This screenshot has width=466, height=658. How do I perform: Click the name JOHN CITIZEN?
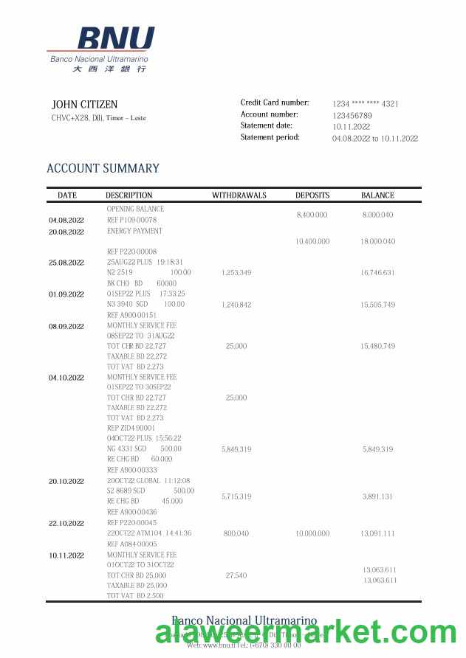tap(84, 105)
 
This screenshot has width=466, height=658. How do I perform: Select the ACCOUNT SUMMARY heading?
tap(103, 168)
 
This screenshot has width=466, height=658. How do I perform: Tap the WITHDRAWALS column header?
tap(239, 195)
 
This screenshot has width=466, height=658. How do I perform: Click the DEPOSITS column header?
tap(312, 195)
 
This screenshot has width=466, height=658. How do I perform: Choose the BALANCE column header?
tap(377, 195)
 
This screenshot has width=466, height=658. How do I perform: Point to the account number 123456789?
tap(352, 116)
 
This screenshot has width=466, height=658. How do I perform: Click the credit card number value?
tap(365, 104)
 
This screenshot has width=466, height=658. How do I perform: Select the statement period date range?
tap(375, 139)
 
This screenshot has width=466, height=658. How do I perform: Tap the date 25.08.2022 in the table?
tap(66, 263)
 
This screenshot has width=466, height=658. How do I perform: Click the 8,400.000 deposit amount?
tap(312, 215)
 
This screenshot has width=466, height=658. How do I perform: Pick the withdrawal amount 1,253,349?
tap(236, 273)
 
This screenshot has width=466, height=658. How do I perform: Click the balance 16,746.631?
tap(377, 273)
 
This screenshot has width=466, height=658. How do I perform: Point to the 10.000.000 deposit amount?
tap(312, 533)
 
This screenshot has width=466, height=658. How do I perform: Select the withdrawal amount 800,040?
tap(236, 533)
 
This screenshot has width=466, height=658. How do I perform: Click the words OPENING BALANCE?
tap(135, 209)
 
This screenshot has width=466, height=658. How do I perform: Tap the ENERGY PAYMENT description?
tap(134, 231)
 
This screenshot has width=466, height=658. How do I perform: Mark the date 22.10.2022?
tap(66, 524)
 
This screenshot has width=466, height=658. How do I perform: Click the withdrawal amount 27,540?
tap(236, 575)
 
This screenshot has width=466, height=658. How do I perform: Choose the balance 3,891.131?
tap(377, 497)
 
